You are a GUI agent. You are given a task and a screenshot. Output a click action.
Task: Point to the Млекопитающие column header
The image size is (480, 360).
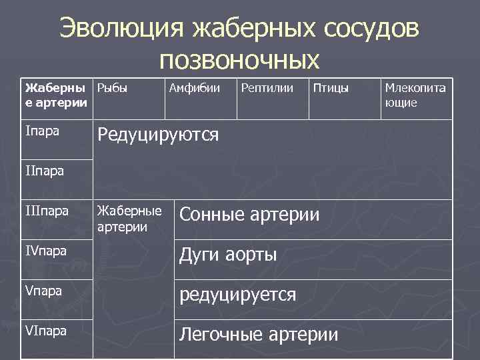(x=415, y=95)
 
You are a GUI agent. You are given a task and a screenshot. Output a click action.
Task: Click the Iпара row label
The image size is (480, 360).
(x=42, y=131)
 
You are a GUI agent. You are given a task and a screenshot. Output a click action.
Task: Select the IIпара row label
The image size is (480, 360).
(x=45, y=171)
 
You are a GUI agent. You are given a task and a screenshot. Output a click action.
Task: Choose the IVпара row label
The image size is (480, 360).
(x=46, y=252)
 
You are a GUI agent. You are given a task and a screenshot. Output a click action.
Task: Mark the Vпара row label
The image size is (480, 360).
(x=43, y=291)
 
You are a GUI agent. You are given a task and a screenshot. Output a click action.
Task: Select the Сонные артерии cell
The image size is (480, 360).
(x=250, y=215)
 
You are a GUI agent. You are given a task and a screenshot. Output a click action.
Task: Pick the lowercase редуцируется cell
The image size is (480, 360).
(x=238, y=294)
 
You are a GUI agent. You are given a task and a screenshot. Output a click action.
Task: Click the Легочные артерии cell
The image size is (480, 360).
(x=259, y=334)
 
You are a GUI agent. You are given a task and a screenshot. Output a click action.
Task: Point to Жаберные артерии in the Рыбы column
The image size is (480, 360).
(x=129, y=219)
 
